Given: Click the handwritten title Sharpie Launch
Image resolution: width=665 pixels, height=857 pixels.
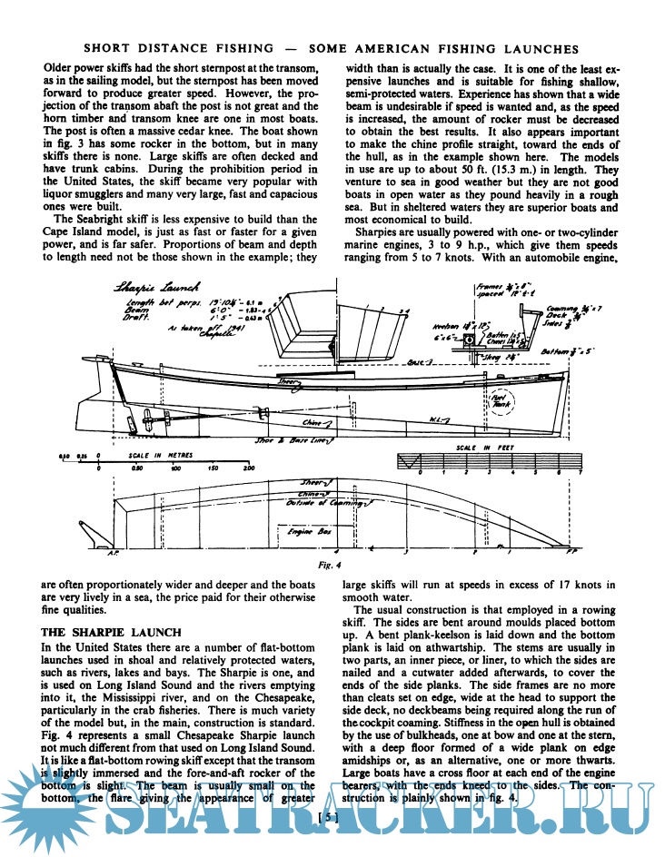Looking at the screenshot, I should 147,288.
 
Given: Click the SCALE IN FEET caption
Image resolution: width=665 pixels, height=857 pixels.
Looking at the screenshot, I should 479,448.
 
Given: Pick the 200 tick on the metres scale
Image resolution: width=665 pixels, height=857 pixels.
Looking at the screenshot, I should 248,469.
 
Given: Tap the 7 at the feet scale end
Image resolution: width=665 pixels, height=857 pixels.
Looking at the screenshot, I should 580,473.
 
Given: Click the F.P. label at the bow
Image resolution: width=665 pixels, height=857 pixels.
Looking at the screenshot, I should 571,552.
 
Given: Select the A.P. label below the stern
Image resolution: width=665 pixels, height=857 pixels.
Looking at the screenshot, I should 114,551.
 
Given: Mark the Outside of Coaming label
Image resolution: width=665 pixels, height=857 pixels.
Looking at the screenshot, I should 327,500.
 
